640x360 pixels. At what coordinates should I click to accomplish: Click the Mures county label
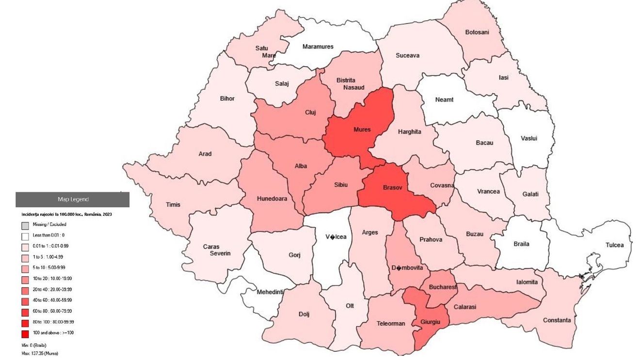(362, 129)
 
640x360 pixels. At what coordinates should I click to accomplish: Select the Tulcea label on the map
(614, 245)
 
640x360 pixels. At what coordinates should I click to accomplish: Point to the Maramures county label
(318, 47)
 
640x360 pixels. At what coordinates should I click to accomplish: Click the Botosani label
(477, 32)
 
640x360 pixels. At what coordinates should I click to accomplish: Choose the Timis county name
(173, 204)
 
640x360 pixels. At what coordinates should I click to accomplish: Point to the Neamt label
(444, 99)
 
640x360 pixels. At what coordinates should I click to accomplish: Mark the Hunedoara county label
(272, 199)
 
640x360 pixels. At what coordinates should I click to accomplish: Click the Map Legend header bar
(73, 199)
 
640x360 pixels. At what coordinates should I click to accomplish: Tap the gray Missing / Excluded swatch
(25, 225)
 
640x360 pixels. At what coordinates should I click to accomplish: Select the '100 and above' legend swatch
(25, 333)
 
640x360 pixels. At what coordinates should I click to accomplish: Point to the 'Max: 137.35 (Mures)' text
(40, 353)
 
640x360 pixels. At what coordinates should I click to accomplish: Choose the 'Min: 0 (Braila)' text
(37, 345)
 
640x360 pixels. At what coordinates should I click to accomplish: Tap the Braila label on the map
(521, 244)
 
